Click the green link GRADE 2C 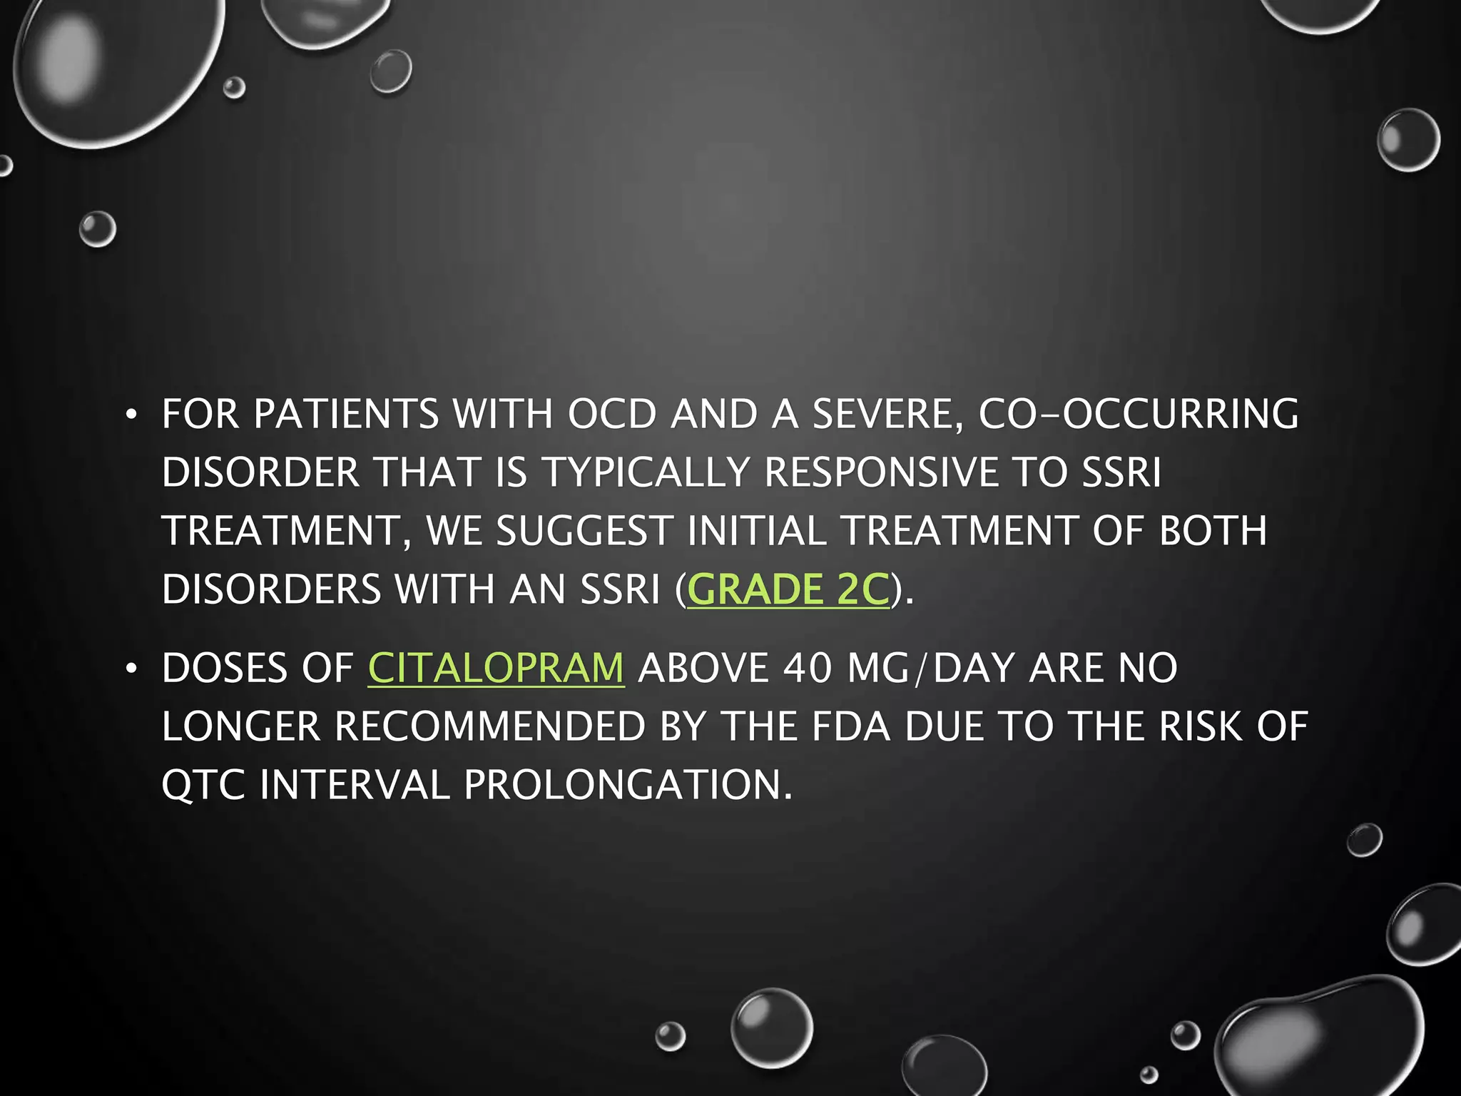[788, 589]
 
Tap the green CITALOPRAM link [496, 669]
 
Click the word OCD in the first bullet [611, 414]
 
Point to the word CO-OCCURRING [1139, 414]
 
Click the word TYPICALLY [646, 472]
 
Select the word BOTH [1213, 531]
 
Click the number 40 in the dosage [808, 669]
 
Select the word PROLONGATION [628, 785]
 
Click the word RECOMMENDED [489, 727]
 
